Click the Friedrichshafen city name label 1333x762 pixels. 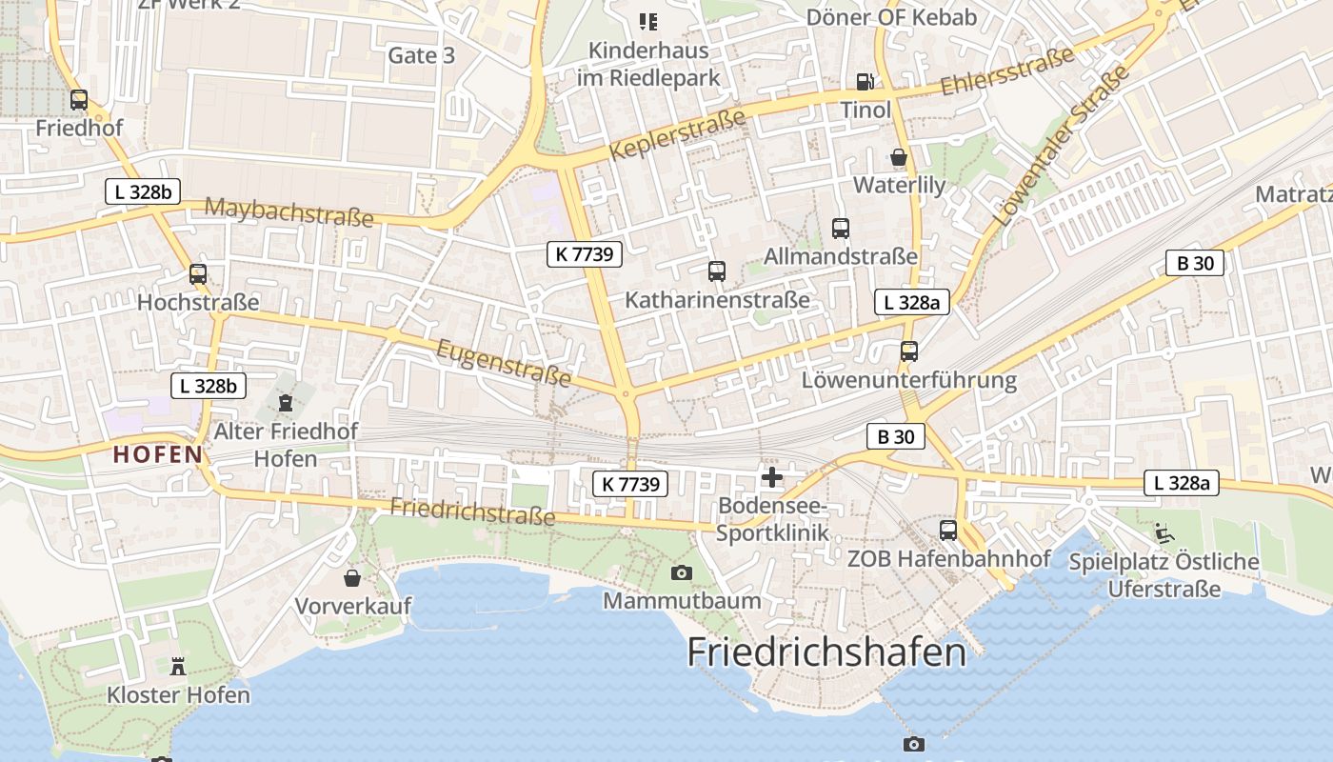tap(826, 652)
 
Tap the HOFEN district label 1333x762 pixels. tap(158, 454)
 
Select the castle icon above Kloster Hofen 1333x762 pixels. tap(178, 666)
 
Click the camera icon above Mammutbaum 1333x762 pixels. tap(681, 572)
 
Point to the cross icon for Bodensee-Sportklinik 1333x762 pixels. tap(771, 476)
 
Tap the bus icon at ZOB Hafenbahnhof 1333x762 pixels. tap(948, 531)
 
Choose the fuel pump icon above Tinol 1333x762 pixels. tap(865, 82)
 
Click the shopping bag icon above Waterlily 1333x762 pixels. tap(899, 157)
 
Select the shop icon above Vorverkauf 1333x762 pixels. tap(352, 578)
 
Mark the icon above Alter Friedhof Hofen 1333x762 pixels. tap(285, 403)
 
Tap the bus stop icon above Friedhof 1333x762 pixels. tap(79, 99)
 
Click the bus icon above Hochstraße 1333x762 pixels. tap(198, 274)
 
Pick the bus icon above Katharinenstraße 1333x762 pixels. tap(717, 271)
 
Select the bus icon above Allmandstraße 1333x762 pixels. tap(841, 229)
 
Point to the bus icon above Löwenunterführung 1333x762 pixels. tap(909, 351)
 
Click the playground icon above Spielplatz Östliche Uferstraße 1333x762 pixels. tap(1164, 532)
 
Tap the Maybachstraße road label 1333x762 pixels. tap(288, 212)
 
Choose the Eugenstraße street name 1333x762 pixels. tap(504, 364)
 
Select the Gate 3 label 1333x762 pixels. tap(421, 55)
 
